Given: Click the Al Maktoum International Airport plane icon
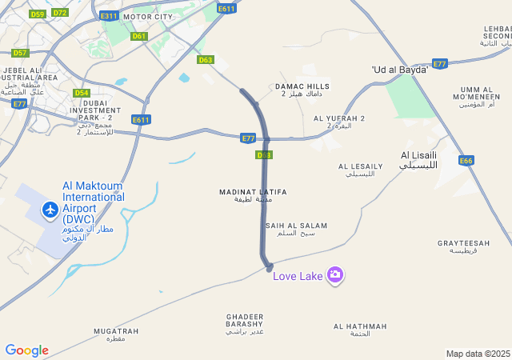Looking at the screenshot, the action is coord(50,210).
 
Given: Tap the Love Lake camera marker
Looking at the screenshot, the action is coord(335,275).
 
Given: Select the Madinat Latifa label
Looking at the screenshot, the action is coord(253,195).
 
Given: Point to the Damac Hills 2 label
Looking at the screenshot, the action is coord(302,90).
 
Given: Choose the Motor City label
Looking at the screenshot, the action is coord(148,16).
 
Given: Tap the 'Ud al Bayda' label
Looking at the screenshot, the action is coord(400,70).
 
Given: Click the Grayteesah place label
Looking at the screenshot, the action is coord(463,246).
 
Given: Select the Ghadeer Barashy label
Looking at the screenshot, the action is coord(245,323).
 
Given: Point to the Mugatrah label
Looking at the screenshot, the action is coord(116,334).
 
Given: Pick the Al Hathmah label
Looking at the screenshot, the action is coord(360,330).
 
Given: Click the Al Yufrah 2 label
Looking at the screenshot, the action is coord(339,122).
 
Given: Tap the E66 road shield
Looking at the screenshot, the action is coord(466,161).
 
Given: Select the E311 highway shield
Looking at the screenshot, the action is coord(110,16).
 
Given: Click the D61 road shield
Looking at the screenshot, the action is coord(139,36).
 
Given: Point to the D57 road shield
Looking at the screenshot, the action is coord(20,53).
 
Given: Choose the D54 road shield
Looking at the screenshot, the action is coord(82,93).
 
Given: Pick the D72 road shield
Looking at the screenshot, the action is coord(60,13).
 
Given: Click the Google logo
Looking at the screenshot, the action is coord(26,350).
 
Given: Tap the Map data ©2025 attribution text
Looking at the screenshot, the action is coord(478,354).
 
